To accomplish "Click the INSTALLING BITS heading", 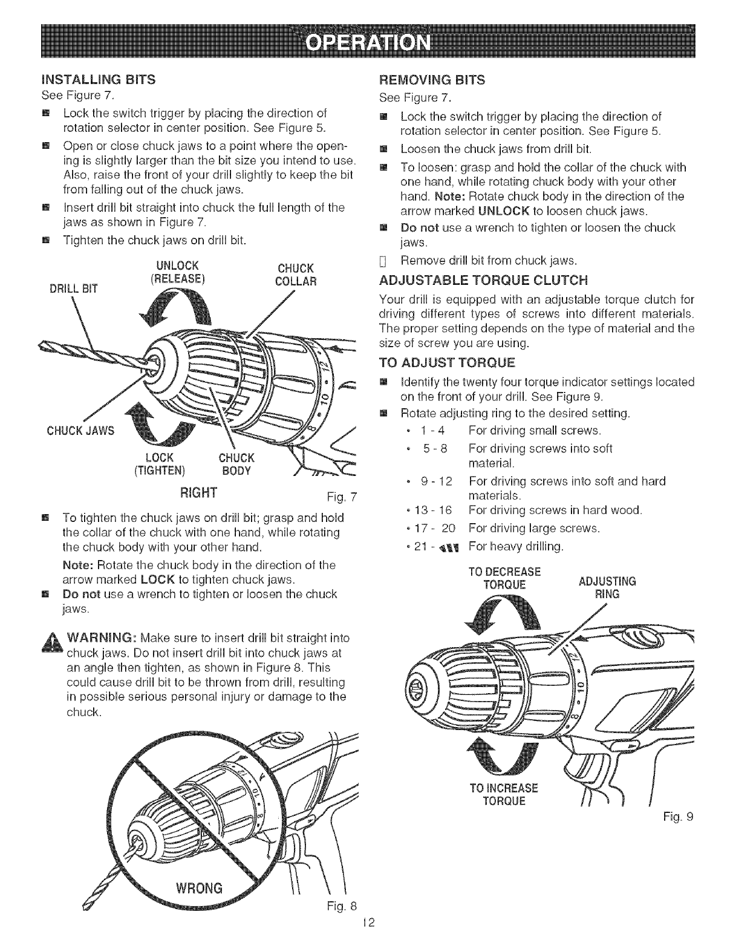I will point(98,79).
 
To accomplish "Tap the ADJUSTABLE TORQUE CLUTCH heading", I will point(483,280).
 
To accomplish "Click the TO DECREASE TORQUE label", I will point(505,578).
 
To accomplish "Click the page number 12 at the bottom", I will point(366,940).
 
